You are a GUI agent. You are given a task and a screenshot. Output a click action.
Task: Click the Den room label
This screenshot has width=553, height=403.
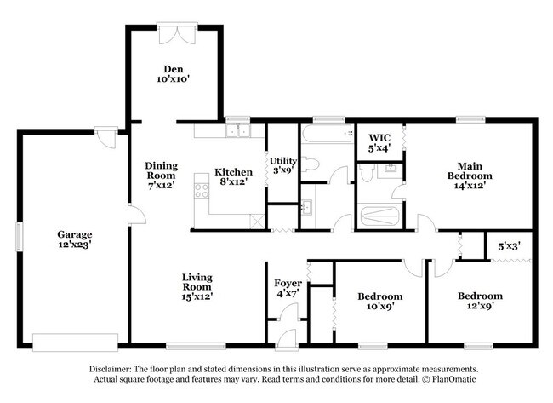click(x=173, y=73)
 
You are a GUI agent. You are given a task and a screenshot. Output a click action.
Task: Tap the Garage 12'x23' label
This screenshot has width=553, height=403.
click(x=75, y=239)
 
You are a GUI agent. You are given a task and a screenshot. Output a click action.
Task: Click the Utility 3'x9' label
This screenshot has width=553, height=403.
click(x=282, y=164)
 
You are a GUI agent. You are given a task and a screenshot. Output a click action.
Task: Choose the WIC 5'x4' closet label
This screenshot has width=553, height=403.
click(x=379, y=143)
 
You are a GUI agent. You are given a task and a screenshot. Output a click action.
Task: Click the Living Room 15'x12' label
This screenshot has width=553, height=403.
click(x=197, y=286)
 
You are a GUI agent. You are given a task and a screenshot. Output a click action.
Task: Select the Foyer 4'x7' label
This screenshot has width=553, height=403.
click(x=286, y=288)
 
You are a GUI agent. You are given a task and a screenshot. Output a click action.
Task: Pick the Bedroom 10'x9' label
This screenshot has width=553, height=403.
click(x=379, y=302)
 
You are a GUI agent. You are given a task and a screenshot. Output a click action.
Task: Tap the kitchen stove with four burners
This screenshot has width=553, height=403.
click(x=202, y=190)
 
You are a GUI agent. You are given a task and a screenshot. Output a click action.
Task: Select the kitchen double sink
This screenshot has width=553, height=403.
click(x=238, y=131)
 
